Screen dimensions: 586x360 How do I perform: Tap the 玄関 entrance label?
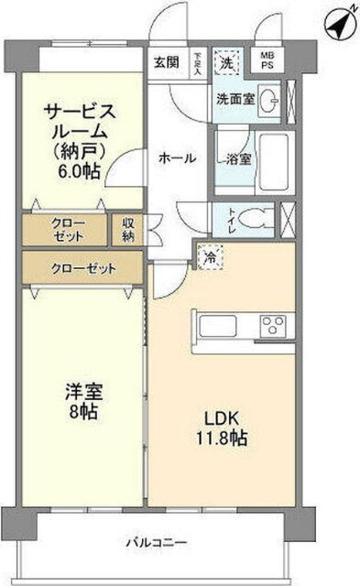(166, 63)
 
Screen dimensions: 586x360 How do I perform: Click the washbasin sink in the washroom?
(268, 99)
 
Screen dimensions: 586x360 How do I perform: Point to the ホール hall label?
(177, 157)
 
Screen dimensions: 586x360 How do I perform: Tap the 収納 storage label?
(127, 230)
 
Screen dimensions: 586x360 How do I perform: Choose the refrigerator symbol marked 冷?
(208, 258)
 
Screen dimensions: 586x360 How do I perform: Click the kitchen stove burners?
(273, 325)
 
